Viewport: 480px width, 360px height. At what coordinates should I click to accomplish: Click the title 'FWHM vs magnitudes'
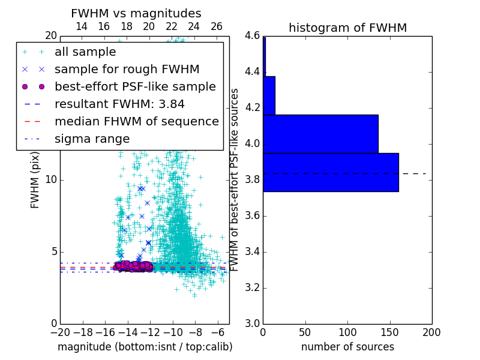(x=136, y=13)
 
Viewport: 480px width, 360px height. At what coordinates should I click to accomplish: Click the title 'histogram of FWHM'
(x=347, y=28)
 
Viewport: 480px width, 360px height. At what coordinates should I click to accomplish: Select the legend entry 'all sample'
(x=85, y=52)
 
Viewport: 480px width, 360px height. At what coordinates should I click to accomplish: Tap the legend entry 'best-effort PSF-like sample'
(x=135, y=86)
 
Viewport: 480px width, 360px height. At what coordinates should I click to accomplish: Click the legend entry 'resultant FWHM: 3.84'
(x=119, y=104)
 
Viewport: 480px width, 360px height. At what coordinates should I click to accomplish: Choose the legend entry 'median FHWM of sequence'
(x=136, y=121)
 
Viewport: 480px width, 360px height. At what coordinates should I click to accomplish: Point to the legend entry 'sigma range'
(x=92, y=139)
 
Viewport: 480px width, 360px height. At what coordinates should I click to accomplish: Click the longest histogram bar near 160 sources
(x=331, y=172)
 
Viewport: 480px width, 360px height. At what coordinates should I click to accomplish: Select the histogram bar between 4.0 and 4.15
(x=320, y=134)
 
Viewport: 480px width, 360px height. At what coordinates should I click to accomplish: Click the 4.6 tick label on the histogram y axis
(x=251, y=36)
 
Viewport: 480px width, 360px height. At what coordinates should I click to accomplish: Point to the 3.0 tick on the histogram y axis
(x=251, y=323)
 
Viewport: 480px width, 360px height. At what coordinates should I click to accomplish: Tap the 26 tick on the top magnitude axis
(x=217, y=26)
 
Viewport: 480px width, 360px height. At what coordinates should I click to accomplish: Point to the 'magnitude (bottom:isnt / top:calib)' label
(x=145, y=347)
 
